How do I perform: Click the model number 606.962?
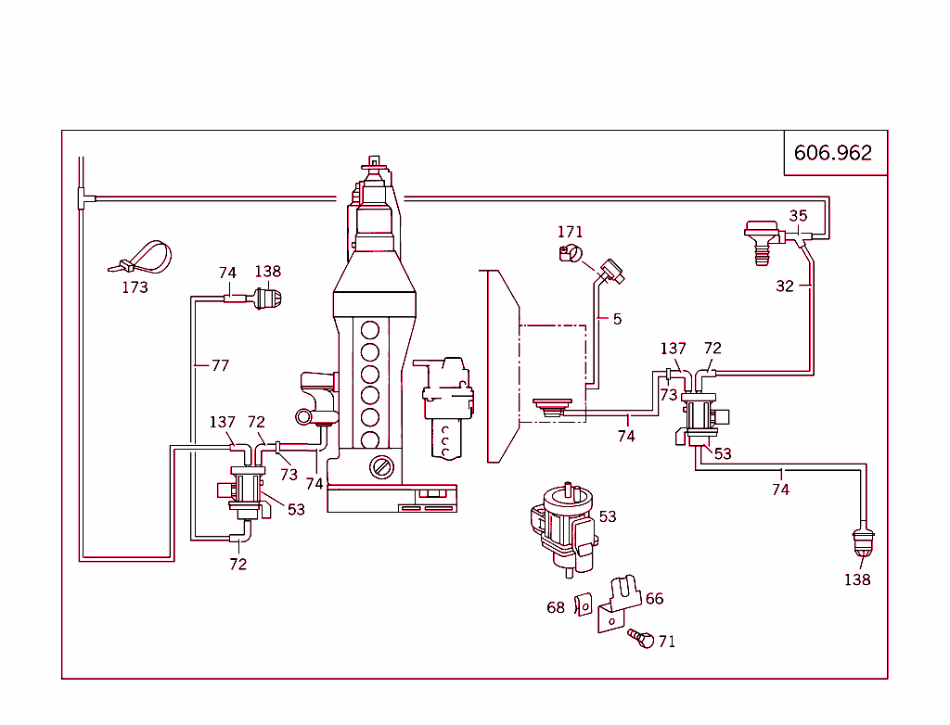click(x=833, y=153)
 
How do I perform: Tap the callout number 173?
click(x=135, y=287)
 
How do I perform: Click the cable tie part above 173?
click(x=146, y=256)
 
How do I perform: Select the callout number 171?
click(x=570, y=232)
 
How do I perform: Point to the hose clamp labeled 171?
click(x=570, y=254)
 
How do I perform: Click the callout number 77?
click(x=219, y=365)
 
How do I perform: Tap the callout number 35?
click(x=798, y=216)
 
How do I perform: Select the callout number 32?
click(x=785, y=286)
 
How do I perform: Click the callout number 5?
click(x=617, y=319)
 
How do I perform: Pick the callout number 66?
click(x=654, y=599)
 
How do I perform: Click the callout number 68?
click(x=556, y=607)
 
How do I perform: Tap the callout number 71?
click(x=666, y=642)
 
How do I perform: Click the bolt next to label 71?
click(x=641, y=638)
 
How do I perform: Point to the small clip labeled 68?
click(x=584, y=604)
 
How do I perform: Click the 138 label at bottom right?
click(x=857, y=579)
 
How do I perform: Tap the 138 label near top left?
click(x=267, y=272)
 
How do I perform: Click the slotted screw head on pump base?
click(x=381, y=467)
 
